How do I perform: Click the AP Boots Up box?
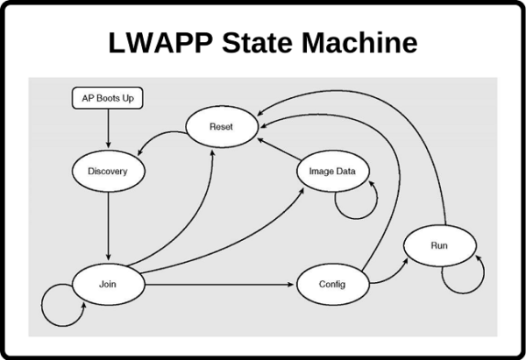[x=108, y=98]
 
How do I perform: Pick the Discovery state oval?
[x=108, y=171]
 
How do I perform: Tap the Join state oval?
[x=108, y=285]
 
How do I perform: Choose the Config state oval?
[x=333, y=285]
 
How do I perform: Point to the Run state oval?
[x=439, y=245]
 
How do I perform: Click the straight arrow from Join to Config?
[x=219, y=285]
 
